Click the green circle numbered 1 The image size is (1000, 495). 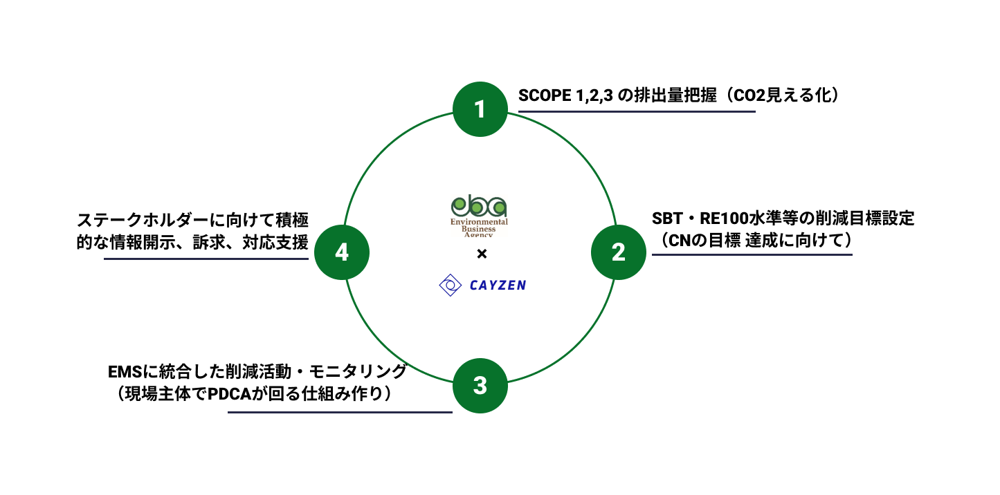click(x=480, y=109)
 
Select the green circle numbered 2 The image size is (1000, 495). click(x=618, y=252)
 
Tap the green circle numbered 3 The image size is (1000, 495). click(x=480, y=385)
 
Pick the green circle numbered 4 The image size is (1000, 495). click(x=342, y=252)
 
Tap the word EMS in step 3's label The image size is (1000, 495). click(x=123, y=372)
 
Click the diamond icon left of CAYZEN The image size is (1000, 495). click(x=451, y=286)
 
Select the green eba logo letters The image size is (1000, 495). click(x=479, y=206)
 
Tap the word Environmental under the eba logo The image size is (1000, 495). click(x=479, y=222)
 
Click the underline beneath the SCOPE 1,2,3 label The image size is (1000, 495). click(x=637, y=111)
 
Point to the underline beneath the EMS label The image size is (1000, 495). click(x=340, y=413)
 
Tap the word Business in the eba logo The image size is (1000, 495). click(x=479, y=229)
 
